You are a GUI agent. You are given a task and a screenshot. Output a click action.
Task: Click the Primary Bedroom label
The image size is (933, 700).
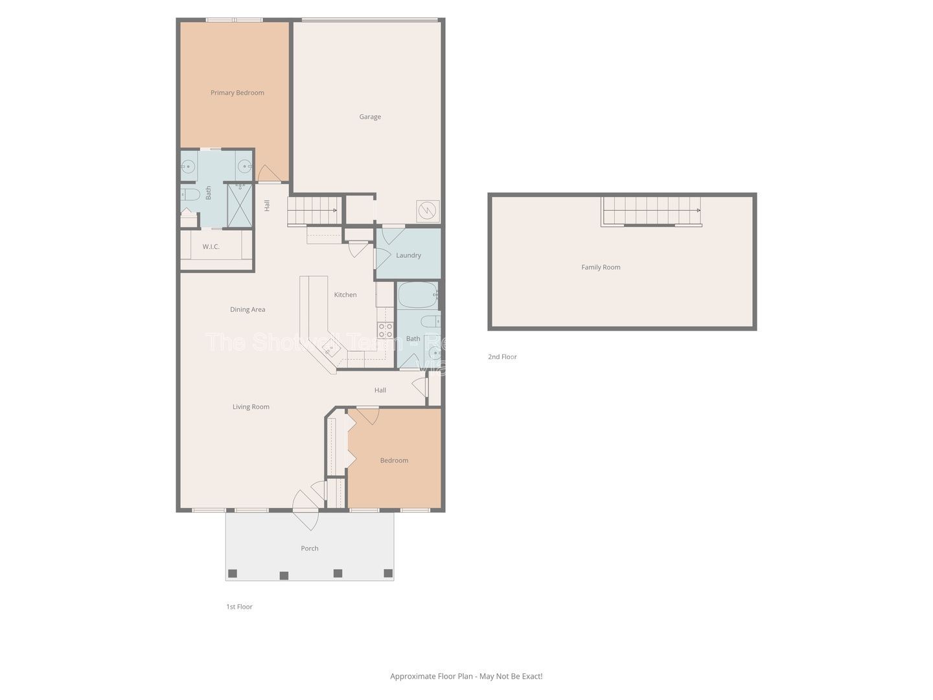click(x=237, y=93)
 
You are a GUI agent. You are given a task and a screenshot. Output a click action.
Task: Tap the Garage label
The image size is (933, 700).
click(x=370, y=117)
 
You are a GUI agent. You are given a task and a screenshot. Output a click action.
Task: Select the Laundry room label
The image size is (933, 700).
click(x=408, y=255)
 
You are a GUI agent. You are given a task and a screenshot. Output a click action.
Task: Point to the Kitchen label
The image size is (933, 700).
click(x=345, y=295)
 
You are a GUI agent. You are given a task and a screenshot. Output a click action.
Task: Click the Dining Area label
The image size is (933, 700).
click(x=248, y=310)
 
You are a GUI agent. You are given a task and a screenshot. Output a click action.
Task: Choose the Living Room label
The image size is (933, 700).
click(x=251, y=407)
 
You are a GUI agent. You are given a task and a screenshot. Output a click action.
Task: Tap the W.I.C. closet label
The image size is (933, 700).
click(x=211, y=247)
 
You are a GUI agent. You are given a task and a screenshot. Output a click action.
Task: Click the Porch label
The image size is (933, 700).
click(x=310, y=548)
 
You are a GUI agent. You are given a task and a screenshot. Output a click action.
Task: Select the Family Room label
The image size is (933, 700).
click(x=601, y=267)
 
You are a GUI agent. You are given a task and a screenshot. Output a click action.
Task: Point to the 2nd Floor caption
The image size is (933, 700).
click(x=502, y=357)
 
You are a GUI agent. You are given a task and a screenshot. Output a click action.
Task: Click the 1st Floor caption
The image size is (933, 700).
click(x=239, y=607)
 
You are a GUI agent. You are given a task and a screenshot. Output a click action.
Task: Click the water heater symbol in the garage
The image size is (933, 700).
click(x=428, y=211)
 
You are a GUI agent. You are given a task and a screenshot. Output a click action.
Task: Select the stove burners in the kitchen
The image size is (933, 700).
click(x=385, y=331)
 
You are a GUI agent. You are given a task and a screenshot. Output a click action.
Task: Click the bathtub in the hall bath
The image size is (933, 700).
click(x=416, y=296)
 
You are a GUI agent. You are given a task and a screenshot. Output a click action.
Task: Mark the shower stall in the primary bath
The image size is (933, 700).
click(x=239, y=205)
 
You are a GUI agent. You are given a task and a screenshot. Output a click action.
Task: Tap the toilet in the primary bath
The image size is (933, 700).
click(x=190, y=194)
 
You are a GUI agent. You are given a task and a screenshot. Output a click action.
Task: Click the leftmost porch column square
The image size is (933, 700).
click(x=233, y=573)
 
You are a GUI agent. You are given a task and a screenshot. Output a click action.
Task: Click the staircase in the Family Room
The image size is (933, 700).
click(x=651, y=211)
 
